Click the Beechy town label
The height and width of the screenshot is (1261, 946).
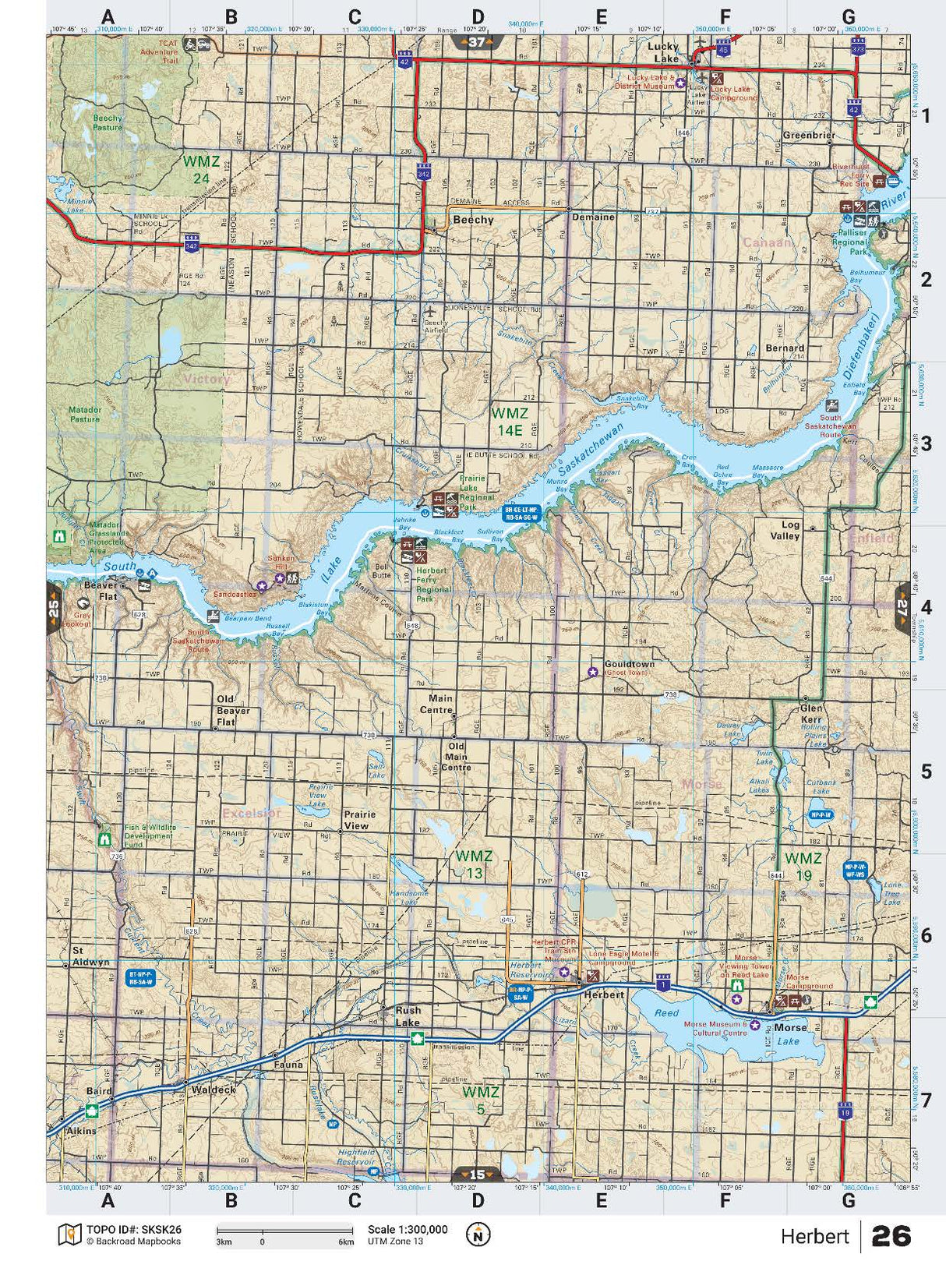coord(473,220)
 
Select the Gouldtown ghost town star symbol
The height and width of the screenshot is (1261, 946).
coord(592,671)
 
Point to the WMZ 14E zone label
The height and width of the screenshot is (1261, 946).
coord(510,421)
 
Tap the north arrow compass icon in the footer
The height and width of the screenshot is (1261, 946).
coord(478,1235)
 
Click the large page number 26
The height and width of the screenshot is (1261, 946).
coord(891,1236)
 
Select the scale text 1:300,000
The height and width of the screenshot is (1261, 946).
coord(408,1230)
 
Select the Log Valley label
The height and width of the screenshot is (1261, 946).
coord(785,531)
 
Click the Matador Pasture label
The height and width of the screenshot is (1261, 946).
coord(85,414)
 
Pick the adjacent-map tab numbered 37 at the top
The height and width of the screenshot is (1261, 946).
coord(477,42)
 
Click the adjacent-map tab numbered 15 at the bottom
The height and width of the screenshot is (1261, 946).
coord(477,1174)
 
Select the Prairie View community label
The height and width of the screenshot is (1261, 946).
coord(359,820)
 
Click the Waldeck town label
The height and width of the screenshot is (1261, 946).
coord(214,1090)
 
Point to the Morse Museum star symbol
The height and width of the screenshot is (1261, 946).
coord(754,1025)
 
